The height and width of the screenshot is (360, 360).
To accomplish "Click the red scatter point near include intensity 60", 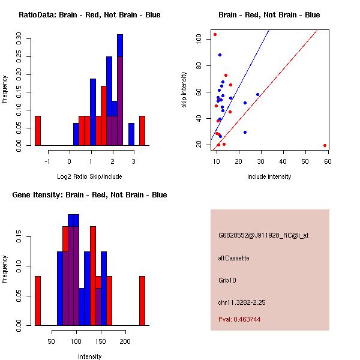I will tap(325, 145).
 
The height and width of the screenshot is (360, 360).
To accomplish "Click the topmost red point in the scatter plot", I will tap(215, 34).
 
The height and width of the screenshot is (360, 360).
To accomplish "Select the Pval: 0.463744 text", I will tap(243, 320).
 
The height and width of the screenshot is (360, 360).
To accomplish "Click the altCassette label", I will tap(233, 258).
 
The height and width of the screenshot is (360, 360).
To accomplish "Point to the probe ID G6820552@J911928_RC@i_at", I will tap(263, 236).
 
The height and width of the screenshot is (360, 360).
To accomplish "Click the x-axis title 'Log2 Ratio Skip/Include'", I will tap(89, 176).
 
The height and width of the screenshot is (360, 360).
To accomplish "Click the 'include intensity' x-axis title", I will tap(269, 176).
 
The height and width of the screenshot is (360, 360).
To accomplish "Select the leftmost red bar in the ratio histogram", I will tap(38, 131).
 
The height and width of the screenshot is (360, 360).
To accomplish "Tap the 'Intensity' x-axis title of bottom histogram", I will tap(90, 356).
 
